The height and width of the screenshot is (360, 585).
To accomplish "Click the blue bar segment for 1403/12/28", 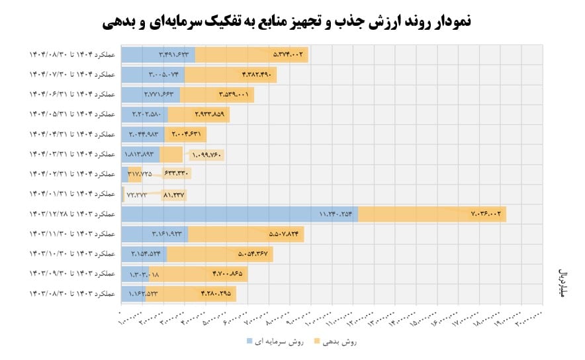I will [240, 214].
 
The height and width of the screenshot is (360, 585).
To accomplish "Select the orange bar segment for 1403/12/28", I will [431, 214].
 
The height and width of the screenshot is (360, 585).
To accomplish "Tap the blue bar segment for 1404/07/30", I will [153, 75].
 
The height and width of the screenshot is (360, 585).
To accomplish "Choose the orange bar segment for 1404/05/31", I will [199, 114].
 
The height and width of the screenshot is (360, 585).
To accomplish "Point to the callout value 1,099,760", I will [206, 156].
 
